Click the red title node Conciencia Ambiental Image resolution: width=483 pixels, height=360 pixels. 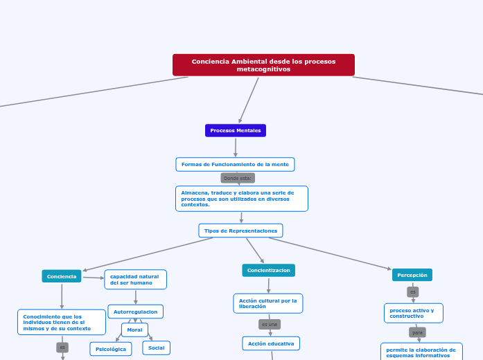pos(263,65)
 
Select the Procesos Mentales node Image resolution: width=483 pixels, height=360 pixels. pos(236,130)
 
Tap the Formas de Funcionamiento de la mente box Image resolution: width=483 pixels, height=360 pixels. pos(235,164)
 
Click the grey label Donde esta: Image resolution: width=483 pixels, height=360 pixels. pos(238,178)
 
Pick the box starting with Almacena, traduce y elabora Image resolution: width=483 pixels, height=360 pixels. pos(241,199)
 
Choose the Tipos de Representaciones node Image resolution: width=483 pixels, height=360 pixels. pos(240,231)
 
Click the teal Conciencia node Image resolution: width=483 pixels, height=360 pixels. pos(62,276)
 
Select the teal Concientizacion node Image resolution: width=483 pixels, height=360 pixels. pos(268,270)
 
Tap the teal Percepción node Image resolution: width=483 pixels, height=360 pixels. pos(412,275)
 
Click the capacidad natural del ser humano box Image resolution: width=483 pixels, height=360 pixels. pos(136,280)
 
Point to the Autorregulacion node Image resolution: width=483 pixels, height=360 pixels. pos(136,312)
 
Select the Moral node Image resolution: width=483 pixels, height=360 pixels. pos(134,330)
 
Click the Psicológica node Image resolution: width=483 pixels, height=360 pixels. pos(111,349)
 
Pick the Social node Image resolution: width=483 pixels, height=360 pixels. pos(157,348)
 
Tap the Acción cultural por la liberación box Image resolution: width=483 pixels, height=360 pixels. pos(268,303)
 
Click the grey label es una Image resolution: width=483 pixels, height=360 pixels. pos(270,324)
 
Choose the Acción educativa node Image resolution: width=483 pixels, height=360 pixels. pos(271,343)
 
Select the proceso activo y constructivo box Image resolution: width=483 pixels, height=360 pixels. pos(414,313)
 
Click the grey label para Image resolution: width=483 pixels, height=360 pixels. pos(417,332)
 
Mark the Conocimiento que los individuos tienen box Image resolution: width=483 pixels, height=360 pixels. pos(62,322)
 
